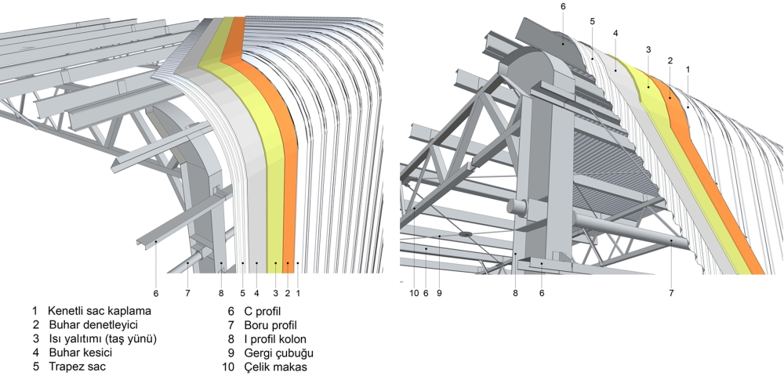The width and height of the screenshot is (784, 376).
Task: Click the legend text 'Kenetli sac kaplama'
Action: tap(99, 311)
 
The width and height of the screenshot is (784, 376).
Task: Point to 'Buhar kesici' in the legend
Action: tap(78, 352)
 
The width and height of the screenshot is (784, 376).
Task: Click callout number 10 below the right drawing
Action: tap(414, 293)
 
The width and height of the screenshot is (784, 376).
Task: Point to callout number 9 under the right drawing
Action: tap(440, 293)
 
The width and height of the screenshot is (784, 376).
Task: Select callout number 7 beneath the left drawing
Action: tap(188, 293)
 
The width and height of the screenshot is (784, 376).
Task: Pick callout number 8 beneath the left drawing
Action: tap(222, 293)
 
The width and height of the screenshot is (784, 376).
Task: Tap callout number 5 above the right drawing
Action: tap(592, 20)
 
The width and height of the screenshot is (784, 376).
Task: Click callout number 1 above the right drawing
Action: tap(688, 70)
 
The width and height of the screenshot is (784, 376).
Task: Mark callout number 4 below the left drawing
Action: tap(256, 293)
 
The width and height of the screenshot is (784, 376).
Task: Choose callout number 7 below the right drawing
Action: tap(672, 293)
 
